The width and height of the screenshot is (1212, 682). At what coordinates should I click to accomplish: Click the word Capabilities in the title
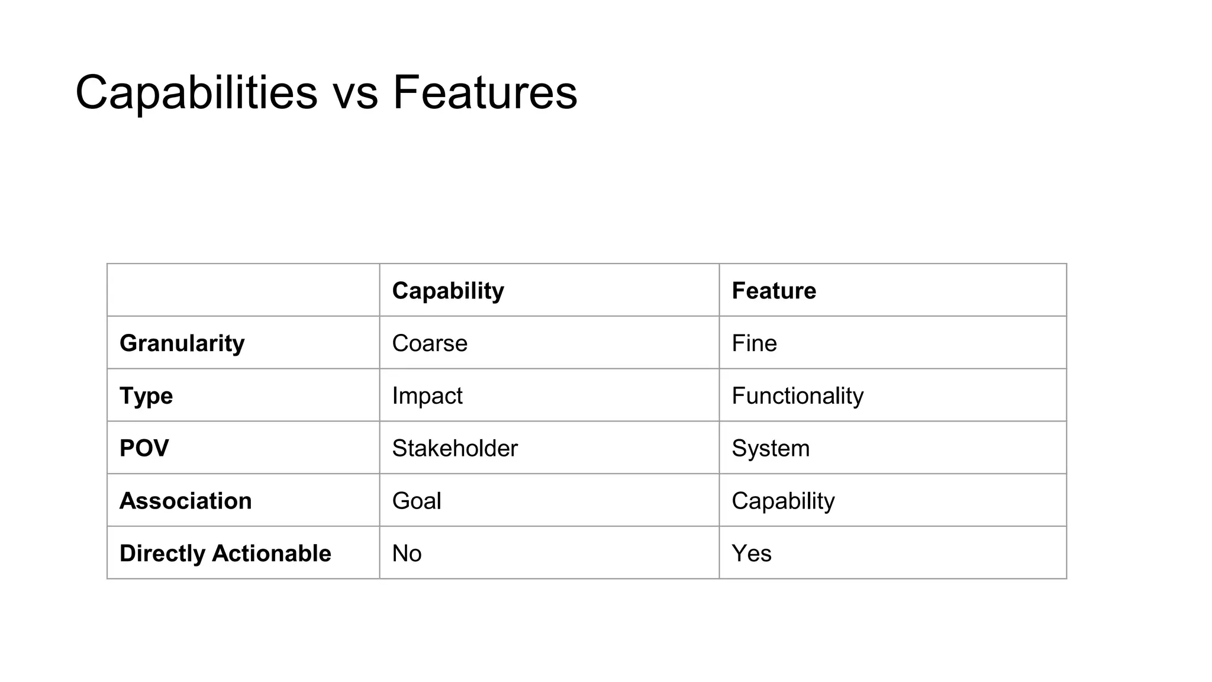[x=196, y=92]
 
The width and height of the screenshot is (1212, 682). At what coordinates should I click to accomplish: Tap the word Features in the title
[x=485, y=92]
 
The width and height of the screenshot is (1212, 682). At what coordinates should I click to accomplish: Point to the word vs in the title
[x=355, y=95]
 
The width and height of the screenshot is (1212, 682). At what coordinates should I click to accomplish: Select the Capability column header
[x=448, y=291]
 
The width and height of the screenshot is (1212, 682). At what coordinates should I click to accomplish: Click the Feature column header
[x=773, y=291]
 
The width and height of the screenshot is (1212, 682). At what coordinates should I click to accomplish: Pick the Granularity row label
[x=182, y=343]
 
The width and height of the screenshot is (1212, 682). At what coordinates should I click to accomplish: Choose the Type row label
[x=146, y=396]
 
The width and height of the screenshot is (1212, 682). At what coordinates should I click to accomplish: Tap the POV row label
[x=144, y=448]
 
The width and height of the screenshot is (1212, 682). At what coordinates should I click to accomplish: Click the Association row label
[x=185, y=501]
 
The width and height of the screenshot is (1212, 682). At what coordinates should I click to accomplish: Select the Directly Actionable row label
[x=225, y=554]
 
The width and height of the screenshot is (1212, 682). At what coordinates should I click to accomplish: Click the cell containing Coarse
[x=430, y=343]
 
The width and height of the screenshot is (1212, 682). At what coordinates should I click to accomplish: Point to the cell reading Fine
[x=754, y=343]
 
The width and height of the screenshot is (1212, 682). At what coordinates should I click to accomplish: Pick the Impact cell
[x=427, y=396]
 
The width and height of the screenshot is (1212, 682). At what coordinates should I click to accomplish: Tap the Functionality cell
[x=797, y=396]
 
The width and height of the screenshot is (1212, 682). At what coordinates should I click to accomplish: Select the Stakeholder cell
[x=454, y=448]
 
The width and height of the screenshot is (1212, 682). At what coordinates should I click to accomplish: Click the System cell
[x=771, y=448]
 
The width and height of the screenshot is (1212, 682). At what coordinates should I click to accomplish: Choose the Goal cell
[x=417, y=501]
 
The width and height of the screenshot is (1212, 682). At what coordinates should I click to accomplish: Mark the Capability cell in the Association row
[x=783, y=501]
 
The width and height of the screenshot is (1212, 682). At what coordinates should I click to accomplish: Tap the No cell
[x=407, y=554]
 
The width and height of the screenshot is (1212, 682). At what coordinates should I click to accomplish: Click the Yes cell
[x=752, y=554]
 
